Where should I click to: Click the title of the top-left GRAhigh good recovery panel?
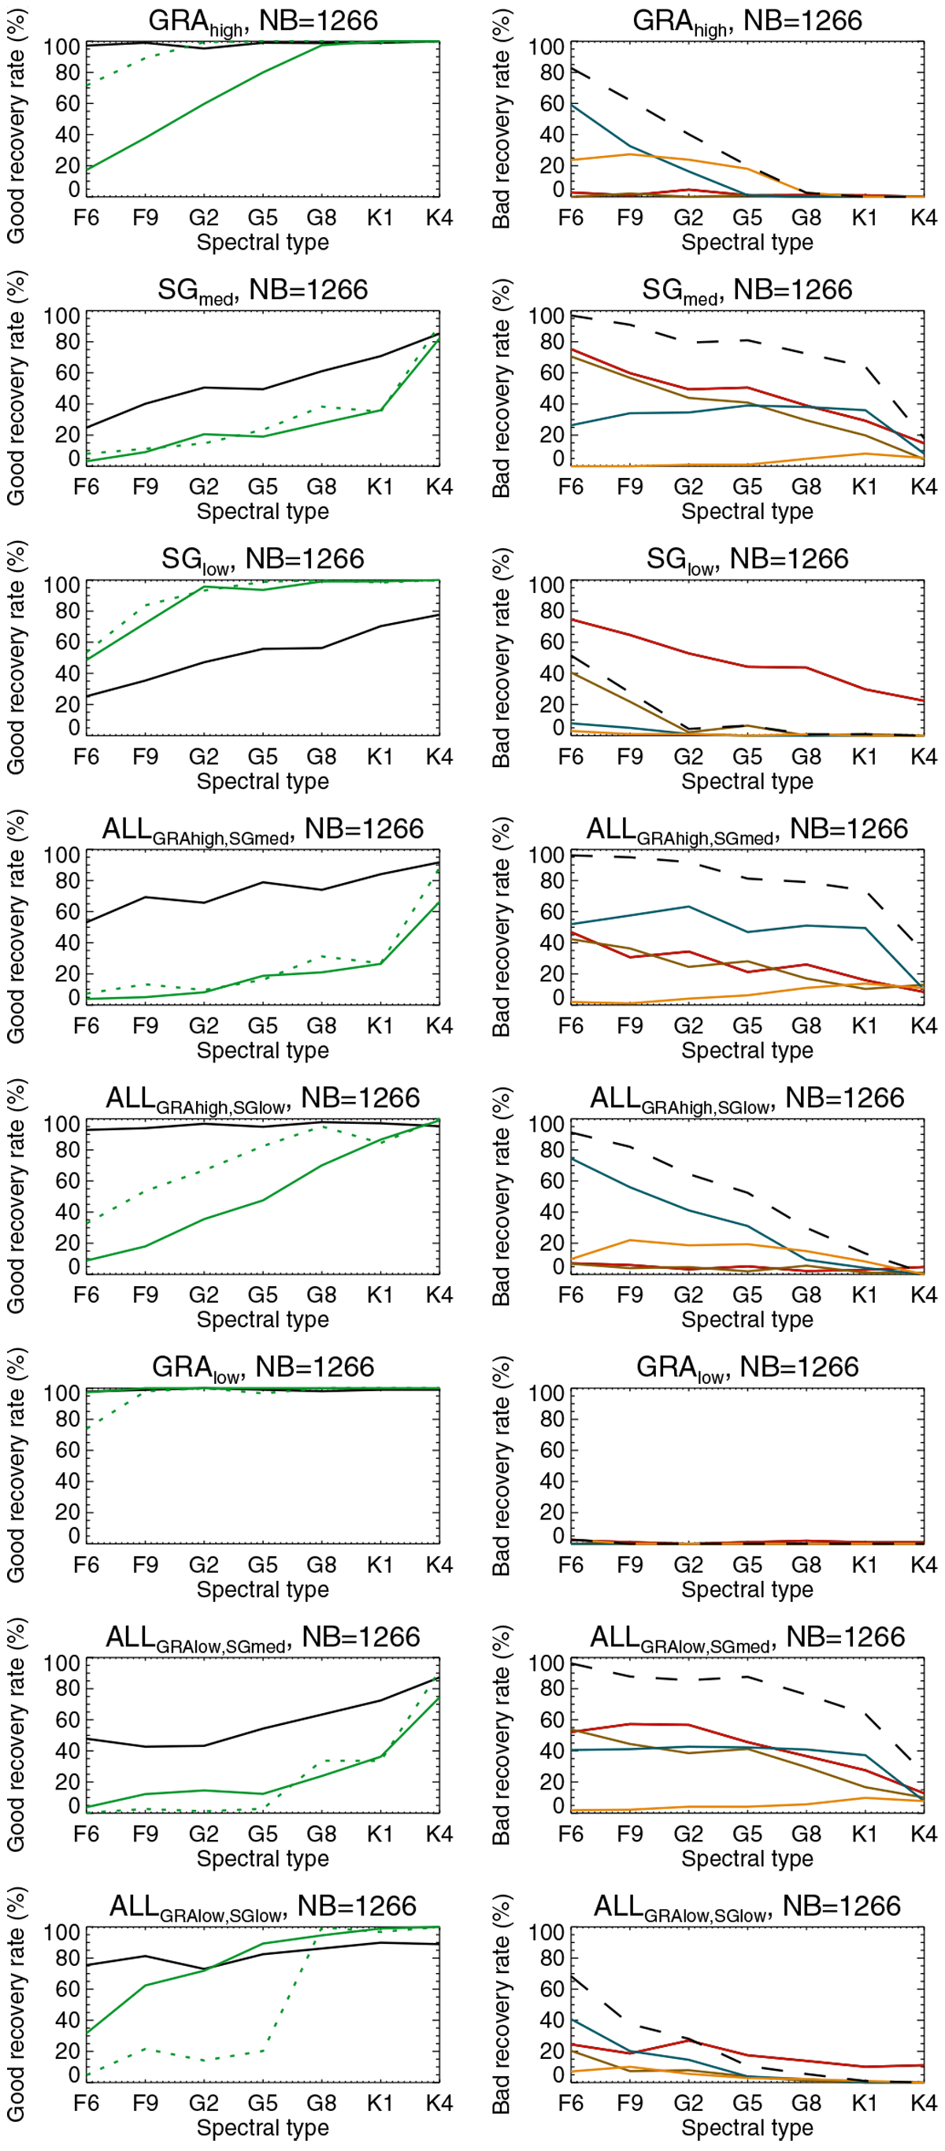(262, 21)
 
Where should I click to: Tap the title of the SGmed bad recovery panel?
(747, 291)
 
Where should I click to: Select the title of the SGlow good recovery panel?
(262, 559)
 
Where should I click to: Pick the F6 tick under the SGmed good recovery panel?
(86, 487)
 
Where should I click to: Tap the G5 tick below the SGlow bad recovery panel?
(747, 757)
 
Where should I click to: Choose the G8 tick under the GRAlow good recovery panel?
(321, 1565)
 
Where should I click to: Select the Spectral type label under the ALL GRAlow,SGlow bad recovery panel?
(747, 2127)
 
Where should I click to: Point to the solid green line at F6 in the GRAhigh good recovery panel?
(87, 169)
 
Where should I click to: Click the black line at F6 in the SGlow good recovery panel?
(87, 696)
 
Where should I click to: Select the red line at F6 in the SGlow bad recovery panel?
(572, 620)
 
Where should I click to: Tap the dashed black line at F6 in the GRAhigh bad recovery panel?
(572, 70)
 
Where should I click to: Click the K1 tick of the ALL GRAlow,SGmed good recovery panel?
(380, 1834)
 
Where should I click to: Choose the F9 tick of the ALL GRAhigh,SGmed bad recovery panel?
(629, 1026)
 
